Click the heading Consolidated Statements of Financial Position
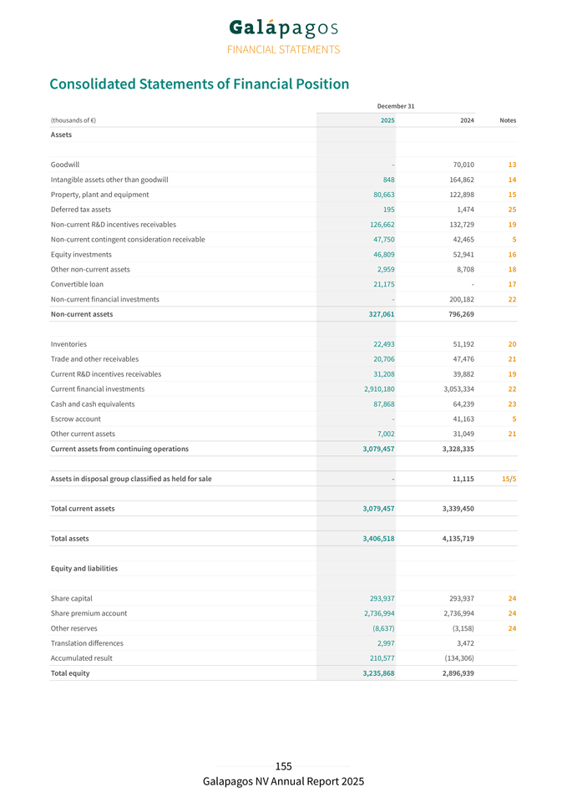[199, 84]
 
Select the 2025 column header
[387, 120]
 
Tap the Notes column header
[507, 120]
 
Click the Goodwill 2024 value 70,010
[461, 165]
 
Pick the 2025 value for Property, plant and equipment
[382, 195]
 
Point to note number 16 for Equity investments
[512, 255]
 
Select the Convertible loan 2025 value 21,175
[382, 284]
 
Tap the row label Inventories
[68, 344]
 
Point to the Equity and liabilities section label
[84, 569]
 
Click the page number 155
[283, 766]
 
